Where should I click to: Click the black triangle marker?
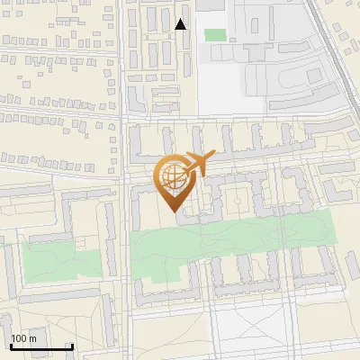[181, 24]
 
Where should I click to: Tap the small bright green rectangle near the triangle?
[215, 34]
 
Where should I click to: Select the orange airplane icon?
[198, 164]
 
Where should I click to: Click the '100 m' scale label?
[24, 339]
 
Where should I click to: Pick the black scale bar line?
[41, 346]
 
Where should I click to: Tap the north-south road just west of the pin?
[123, 180]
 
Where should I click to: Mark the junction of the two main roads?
[123, 117]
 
